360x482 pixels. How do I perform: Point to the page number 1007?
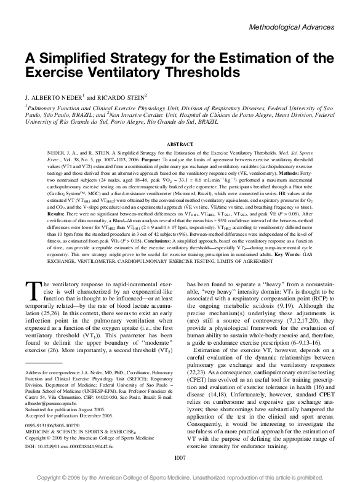(180, 456)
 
